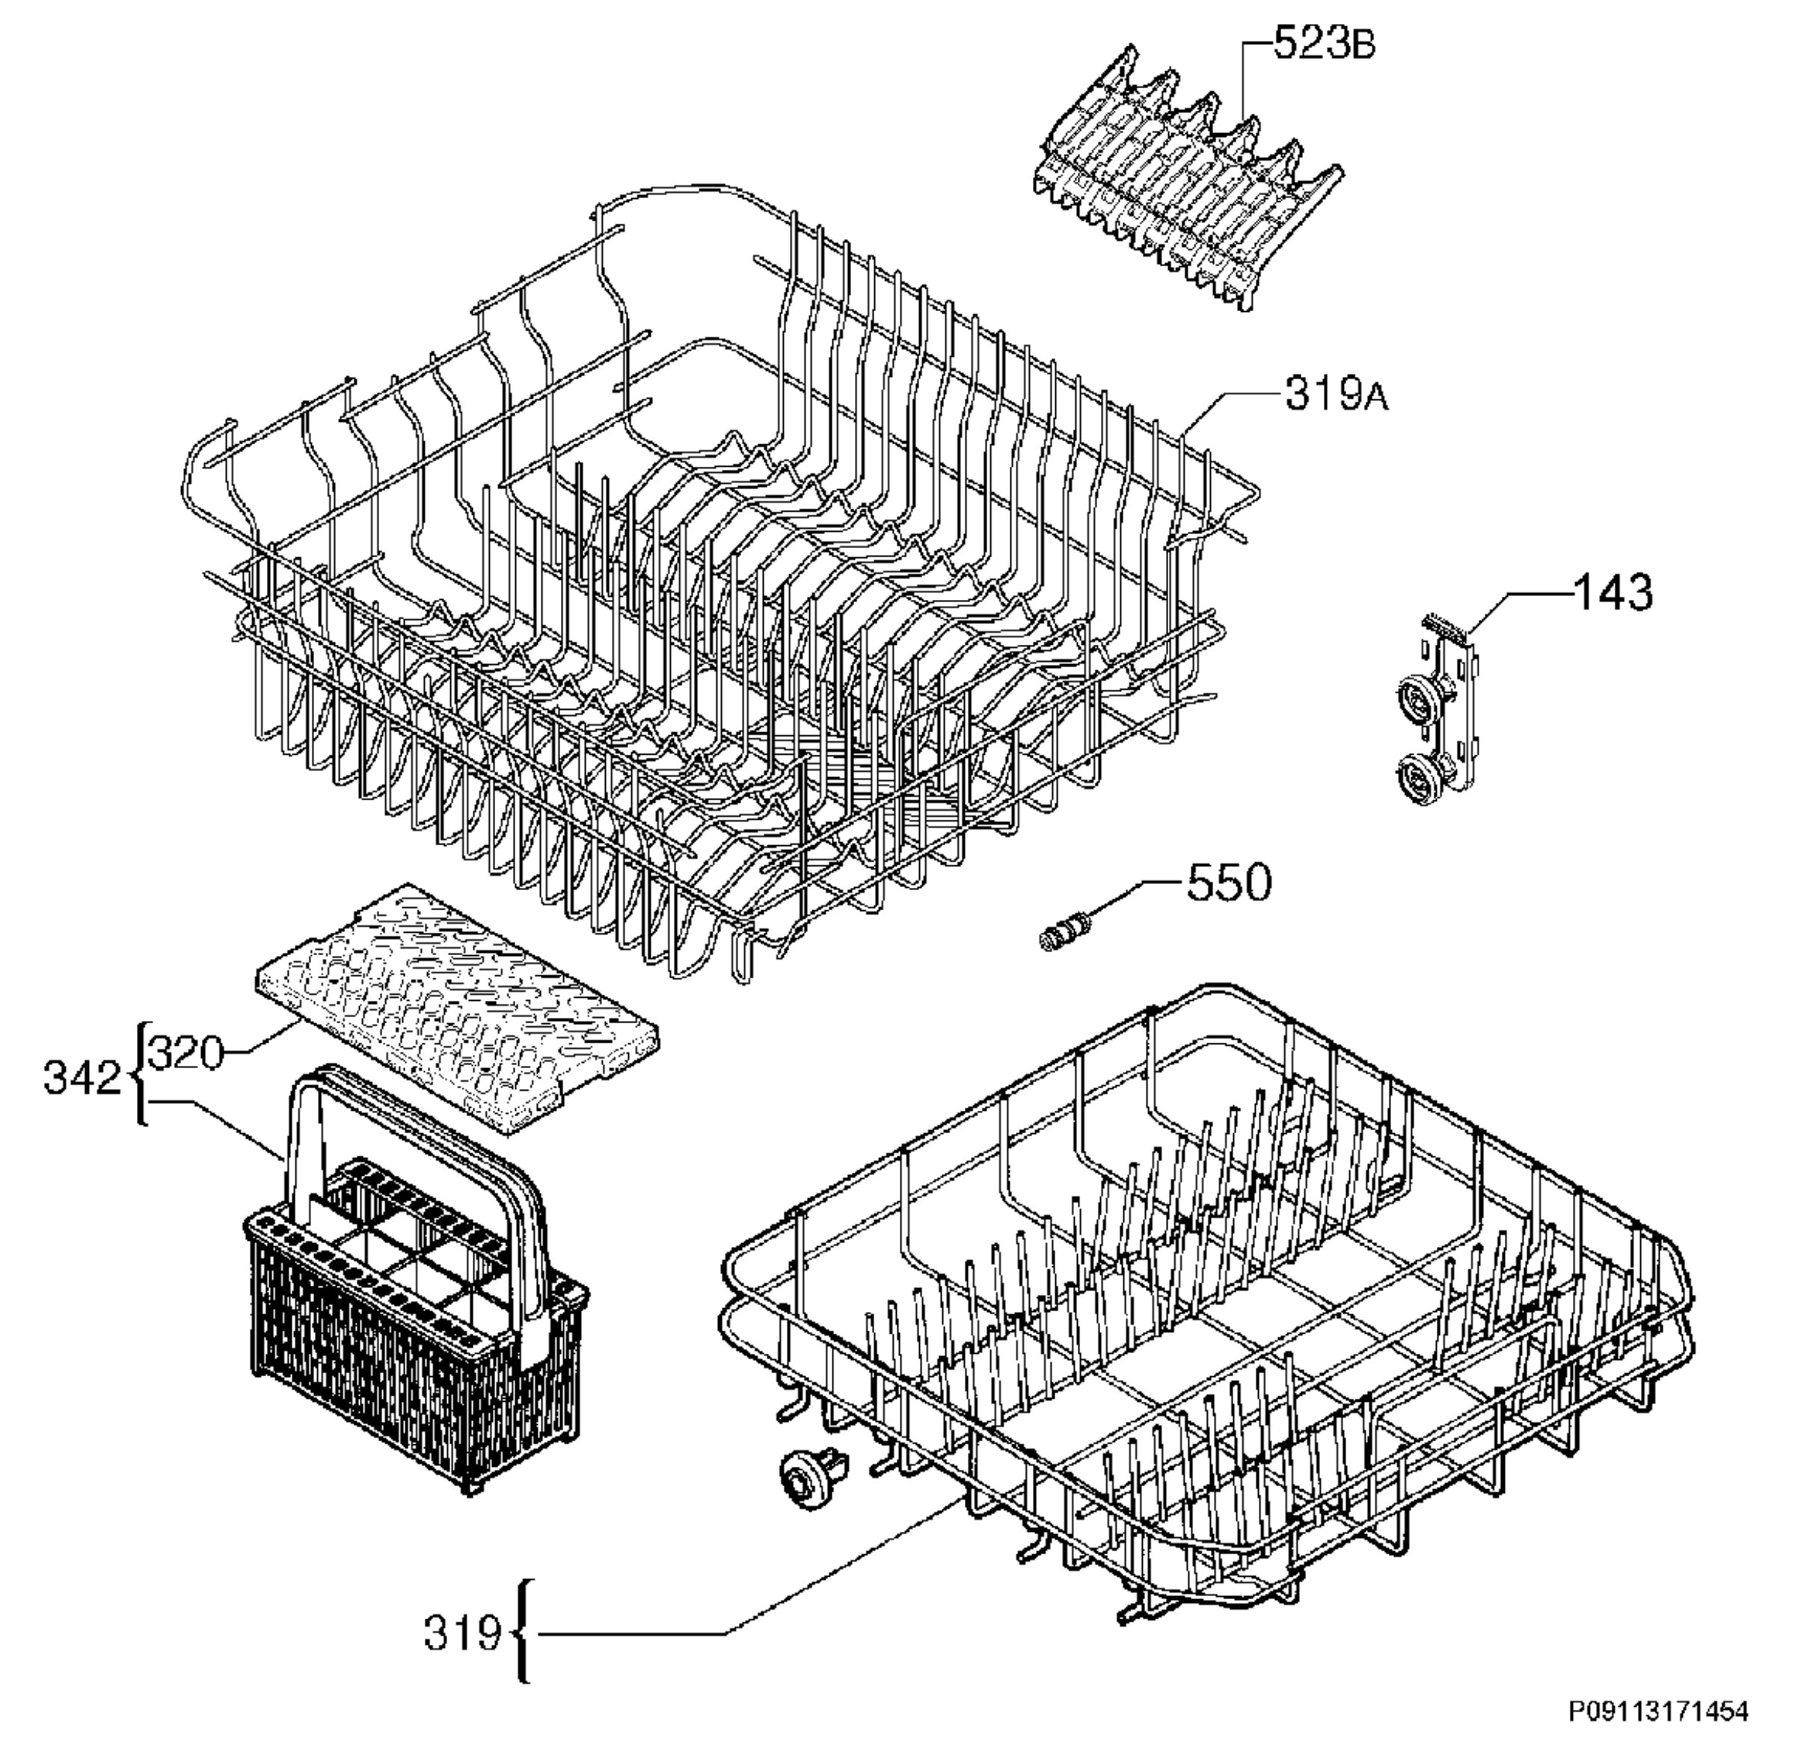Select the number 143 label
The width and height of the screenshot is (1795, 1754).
click(x=1613, y=592)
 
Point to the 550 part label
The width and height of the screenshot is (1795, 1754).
click(x=1230, y=882)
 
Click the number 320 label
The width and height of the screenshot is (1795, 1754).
click(x=186, y=1052)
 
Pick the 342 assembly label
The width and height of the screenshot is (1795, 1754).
click(x=83, y=1078)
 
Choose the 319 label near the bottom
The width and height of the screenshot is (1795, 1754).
click(x=462, y=1634)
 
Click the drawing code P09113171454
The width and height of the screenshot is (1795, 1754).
click(x=1658, y=1711)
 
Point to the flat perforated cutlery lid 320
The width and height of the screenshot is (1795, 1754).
click(x=458, y=1010)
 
